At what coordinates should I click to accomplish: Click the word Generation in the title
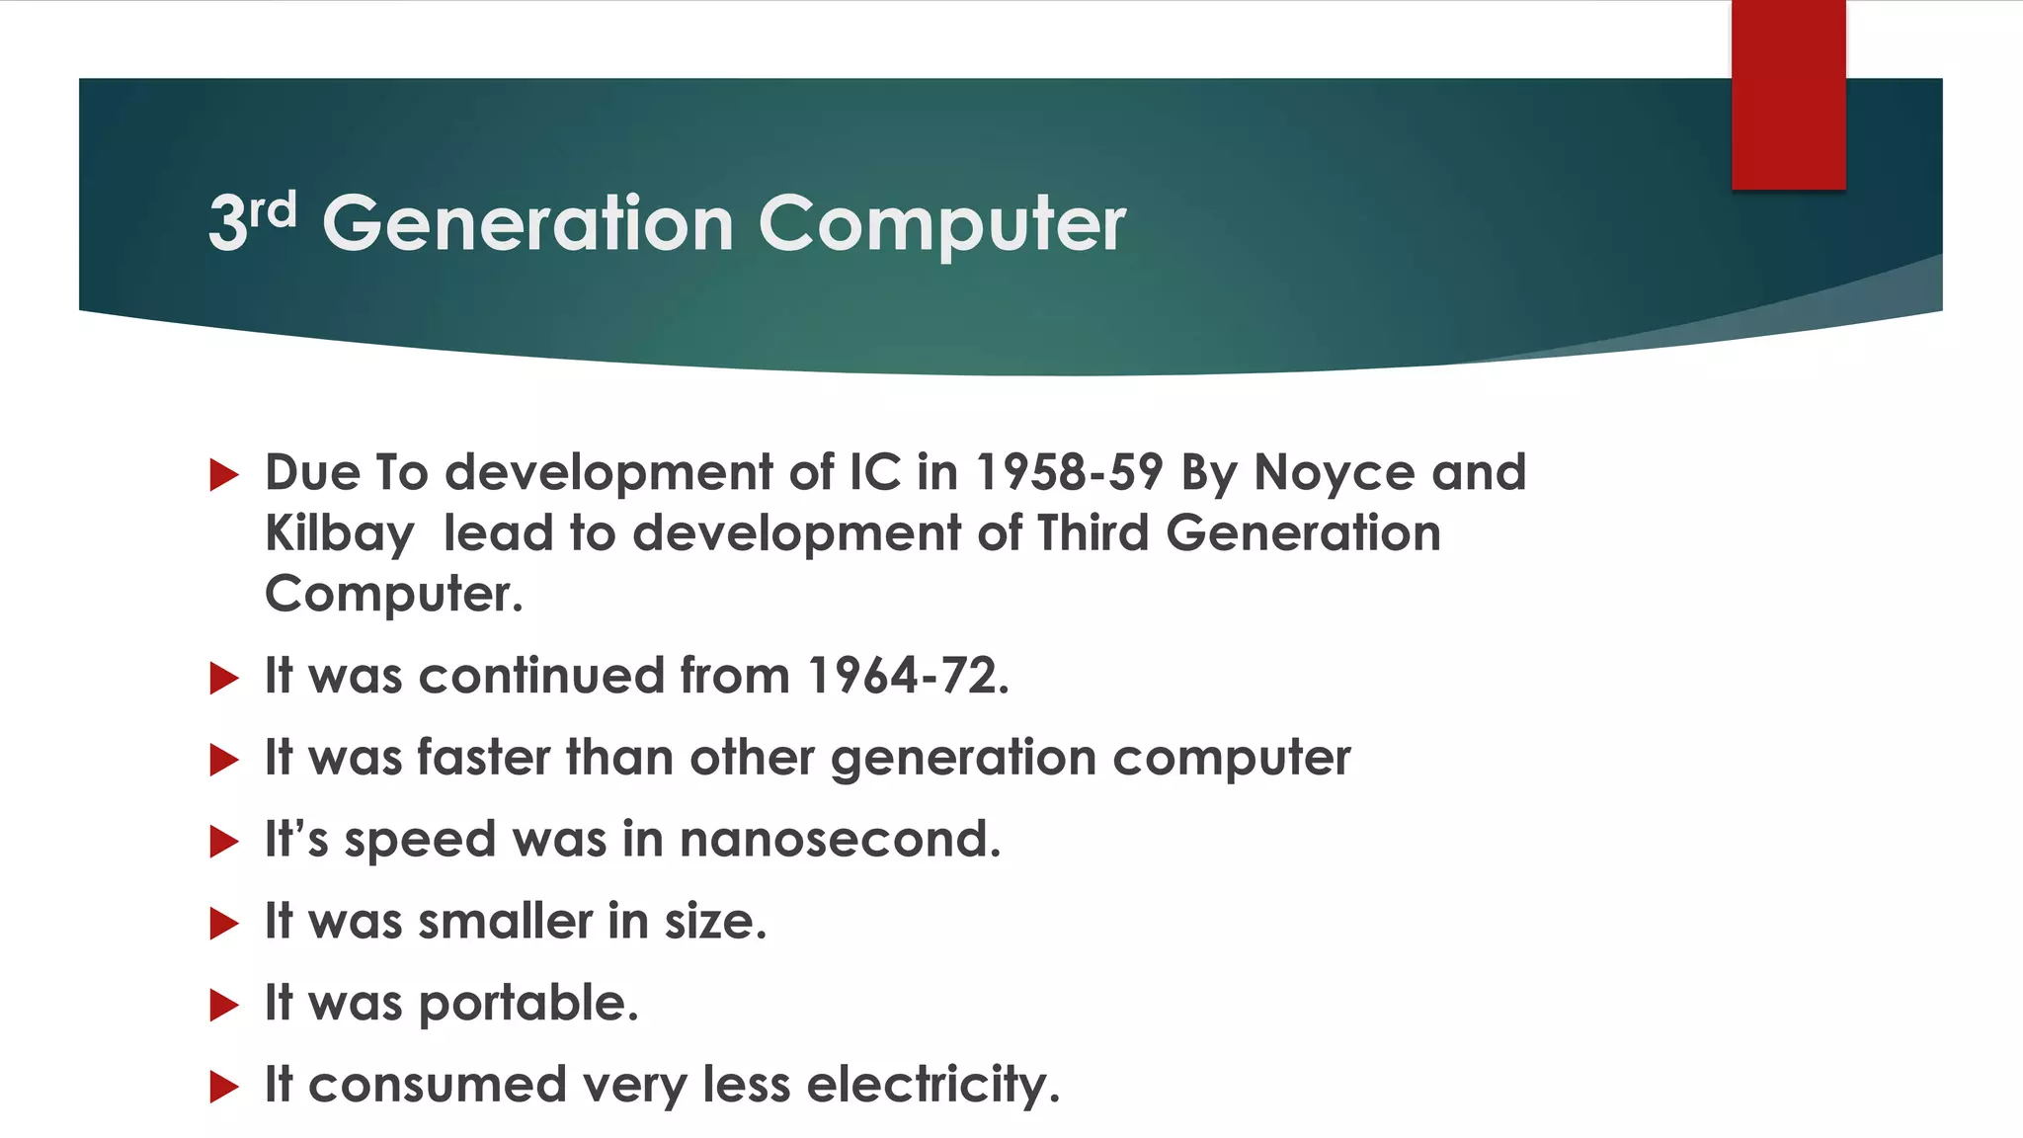coord(527,223)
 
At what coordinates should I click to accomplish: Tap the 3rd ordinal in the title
coord(252,219)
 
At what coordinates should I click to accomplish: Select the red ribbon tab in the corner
coord(1788,95)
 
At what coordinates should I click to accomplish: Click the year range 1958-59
coord(1069,472)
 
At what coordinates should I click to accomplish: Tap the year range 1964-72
coord(908,677)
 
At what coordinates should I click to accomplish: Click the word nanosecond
coord(840,840)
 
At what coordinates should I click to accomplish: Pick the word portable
coord(528,1004)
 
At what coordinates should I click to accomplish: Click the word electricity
coord(932,1086)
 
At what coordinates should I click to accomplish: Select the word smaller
coord(505,922)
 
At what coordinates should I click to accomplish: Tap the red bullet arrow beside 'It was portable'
coord(224,1006)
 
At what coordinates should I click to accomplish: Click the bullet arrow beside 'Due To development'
coord(224,475)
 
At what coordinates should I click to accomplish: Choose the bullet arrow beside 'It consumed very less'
coord(224,1088)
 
